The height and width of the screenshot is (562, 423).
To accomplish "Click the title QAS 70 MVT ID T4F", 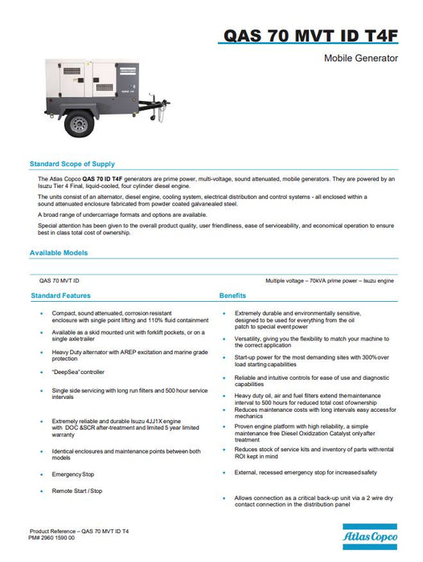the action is point(310,35).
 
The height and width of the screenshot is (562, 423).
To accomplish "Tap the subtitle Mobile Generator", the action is point(361,58).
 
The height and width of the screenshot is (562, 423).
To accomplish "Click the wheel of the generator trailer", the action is point(79,124).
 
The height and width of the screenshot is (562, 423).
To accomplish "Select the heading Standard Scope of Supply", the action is point(72,164).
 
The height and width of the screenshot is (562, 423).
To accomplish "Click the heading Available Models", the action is point(59,253).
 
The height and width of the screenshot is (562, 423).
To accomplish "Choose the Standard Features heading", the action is point(60,295).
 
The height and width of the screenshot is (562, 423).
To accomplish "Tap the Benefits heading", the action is point(232,295).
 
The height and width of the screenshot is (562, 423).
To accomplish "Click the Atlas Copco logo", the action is point(370,536).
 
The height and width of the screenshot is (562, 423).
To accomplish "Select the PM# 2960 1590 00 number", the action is point(51,538).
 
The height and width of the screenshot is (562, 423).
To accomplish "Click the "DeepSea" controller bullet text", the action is point(78,372).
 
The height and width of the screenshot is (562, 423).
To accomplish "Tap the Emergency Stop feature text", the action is point(73,474).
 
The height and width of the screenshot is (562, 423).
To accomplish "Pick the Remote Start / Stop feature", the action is point(77,491).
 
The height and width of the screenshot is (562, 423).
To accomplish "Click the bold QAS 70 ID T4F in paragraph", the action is point(102,178).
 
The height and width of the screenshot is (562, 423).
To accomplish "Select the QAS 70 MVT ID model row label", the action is point(60,281).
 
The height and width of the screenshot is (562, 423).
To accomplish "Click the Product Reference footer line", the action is point(79,531).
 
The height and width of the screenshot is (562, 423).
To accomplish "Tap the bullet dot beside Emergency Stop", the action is point(42,474).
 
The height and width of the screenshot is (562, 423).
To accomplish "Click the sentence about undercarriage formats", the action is point(122,214).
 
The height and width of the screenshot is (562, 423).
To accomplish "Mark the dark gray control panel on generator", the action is point(127,79).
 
